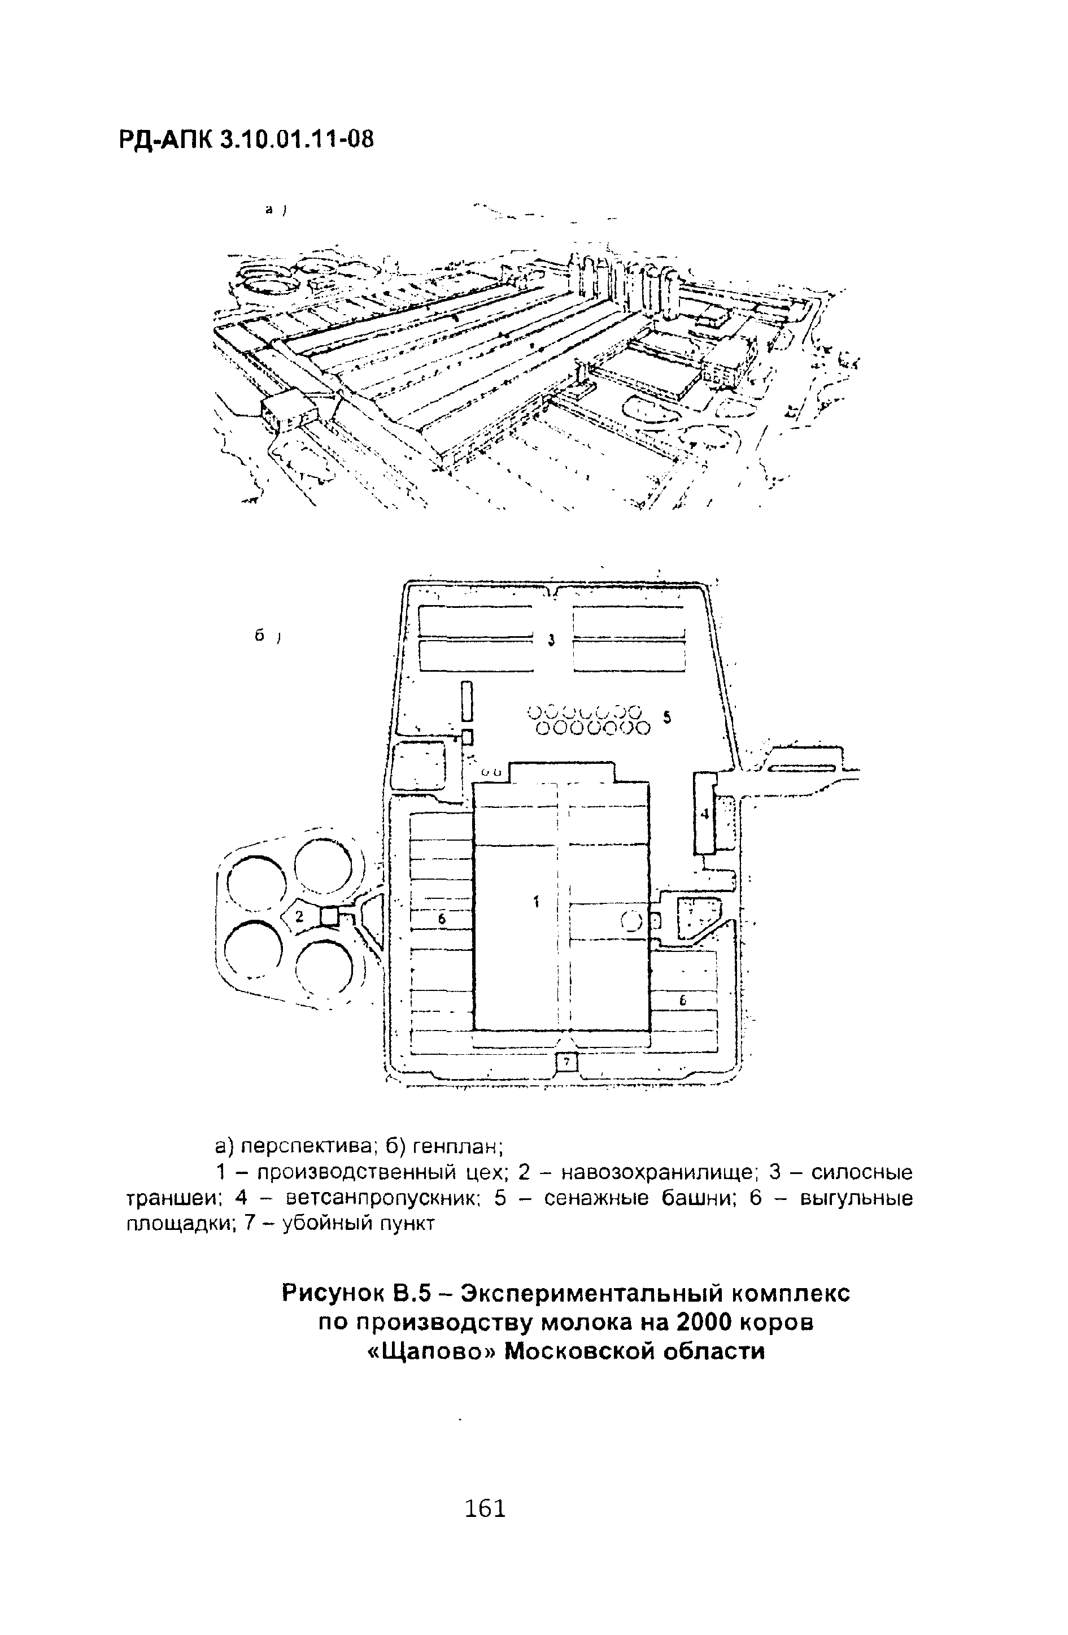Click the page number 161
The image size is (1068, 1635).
(485, 1508)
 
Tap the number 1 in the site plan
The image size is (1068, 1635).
(537, 901)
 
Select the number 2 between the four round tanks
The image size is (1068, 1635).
(299, 916)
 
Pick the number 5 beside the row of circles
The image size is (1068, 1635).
(666, 717)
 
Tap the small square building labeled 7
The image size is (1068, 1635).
(566, 1063)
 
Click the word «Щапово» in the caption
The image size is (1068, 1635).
(430, 1351)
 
